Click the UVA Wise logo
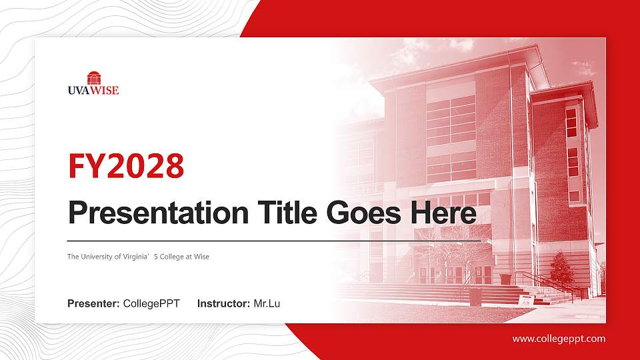(x=93, y=84)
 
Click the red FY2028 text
(x=126, y=166)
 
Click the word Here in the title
(x=443, y=213)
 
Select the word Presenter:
(x=93, y=304)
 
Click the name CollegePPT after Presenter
(x=151, y=304)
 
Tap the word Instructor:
(x=224, y=304)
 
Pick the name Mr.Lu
(x=267, y=304)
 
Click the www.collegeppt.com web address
(x=559, y=339)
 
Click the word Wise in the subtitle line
(x=202, y=257)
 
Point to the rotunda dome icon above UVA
(x=93, y=77)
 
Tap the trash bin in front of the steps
(x=475, y=296)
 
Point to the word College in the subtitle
(x=172, y=257)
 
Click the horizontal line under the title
(x=273, y=240)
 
